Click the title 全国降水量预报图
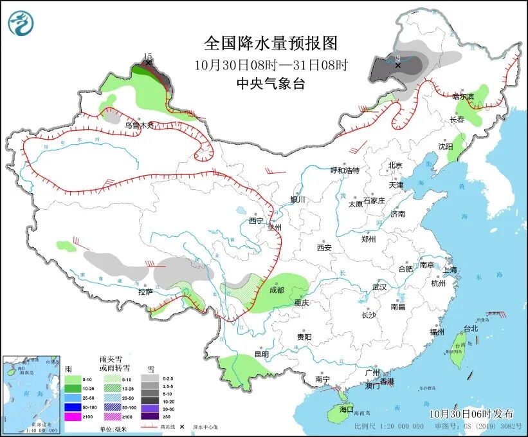pos(271,43)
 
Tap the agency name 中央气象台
pos(271,83)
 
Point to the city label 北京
pos(395,165)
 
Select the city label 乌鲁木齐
pos(140,126)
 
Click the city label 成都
pos(277,290)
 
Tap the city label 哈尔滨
pos(462,97)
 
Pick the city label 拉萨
pos(145,292)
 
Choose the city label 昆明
pos(262,354)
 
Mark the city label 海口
pos(347,409)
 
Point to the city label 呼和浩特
pos(345,171)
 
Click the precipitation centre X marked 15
pos(149,63)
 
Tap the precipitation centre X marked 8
pos(398,65)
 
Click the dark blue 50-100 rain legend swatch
pos(72,407)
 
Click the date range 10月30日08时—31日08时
pos(271,64)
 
